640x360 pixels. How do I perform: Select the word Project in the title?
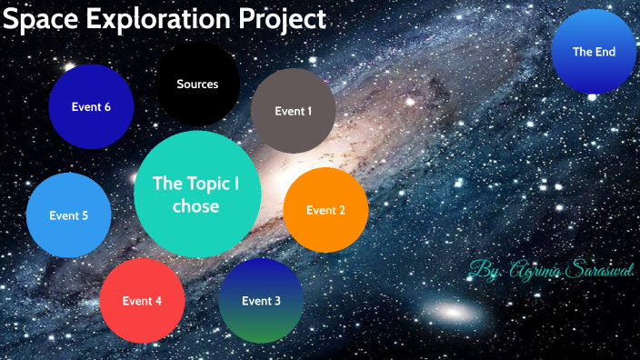point(283,19)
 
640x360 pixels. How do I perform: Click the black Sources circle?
point(197,85)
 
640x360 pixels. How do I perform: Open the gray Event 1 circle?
point(293,111)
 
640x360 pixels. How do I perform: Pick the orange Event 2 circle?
point(325,210)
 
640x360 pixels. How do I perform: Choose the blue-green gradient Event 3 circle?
point(261,301)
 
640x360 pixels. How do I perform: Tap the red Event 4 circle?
point(142,301)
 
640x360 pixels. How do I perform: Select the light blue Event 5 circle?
point(68,216)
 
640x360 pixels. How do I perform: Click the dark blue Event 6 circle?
point(91,107)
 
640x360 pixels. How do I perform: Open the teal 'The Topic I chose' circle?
point(196,195)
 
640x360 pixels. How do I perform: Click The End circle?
point(594,52)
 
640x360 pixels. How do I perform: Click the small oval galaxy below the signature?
point(452,312)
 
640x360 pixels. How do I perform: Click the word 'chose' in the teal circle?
point(196,206)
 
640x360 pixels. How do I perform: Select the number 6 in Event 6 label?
point(107,107)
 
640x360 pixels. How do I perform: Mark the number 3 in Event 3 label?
point(277,301)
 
